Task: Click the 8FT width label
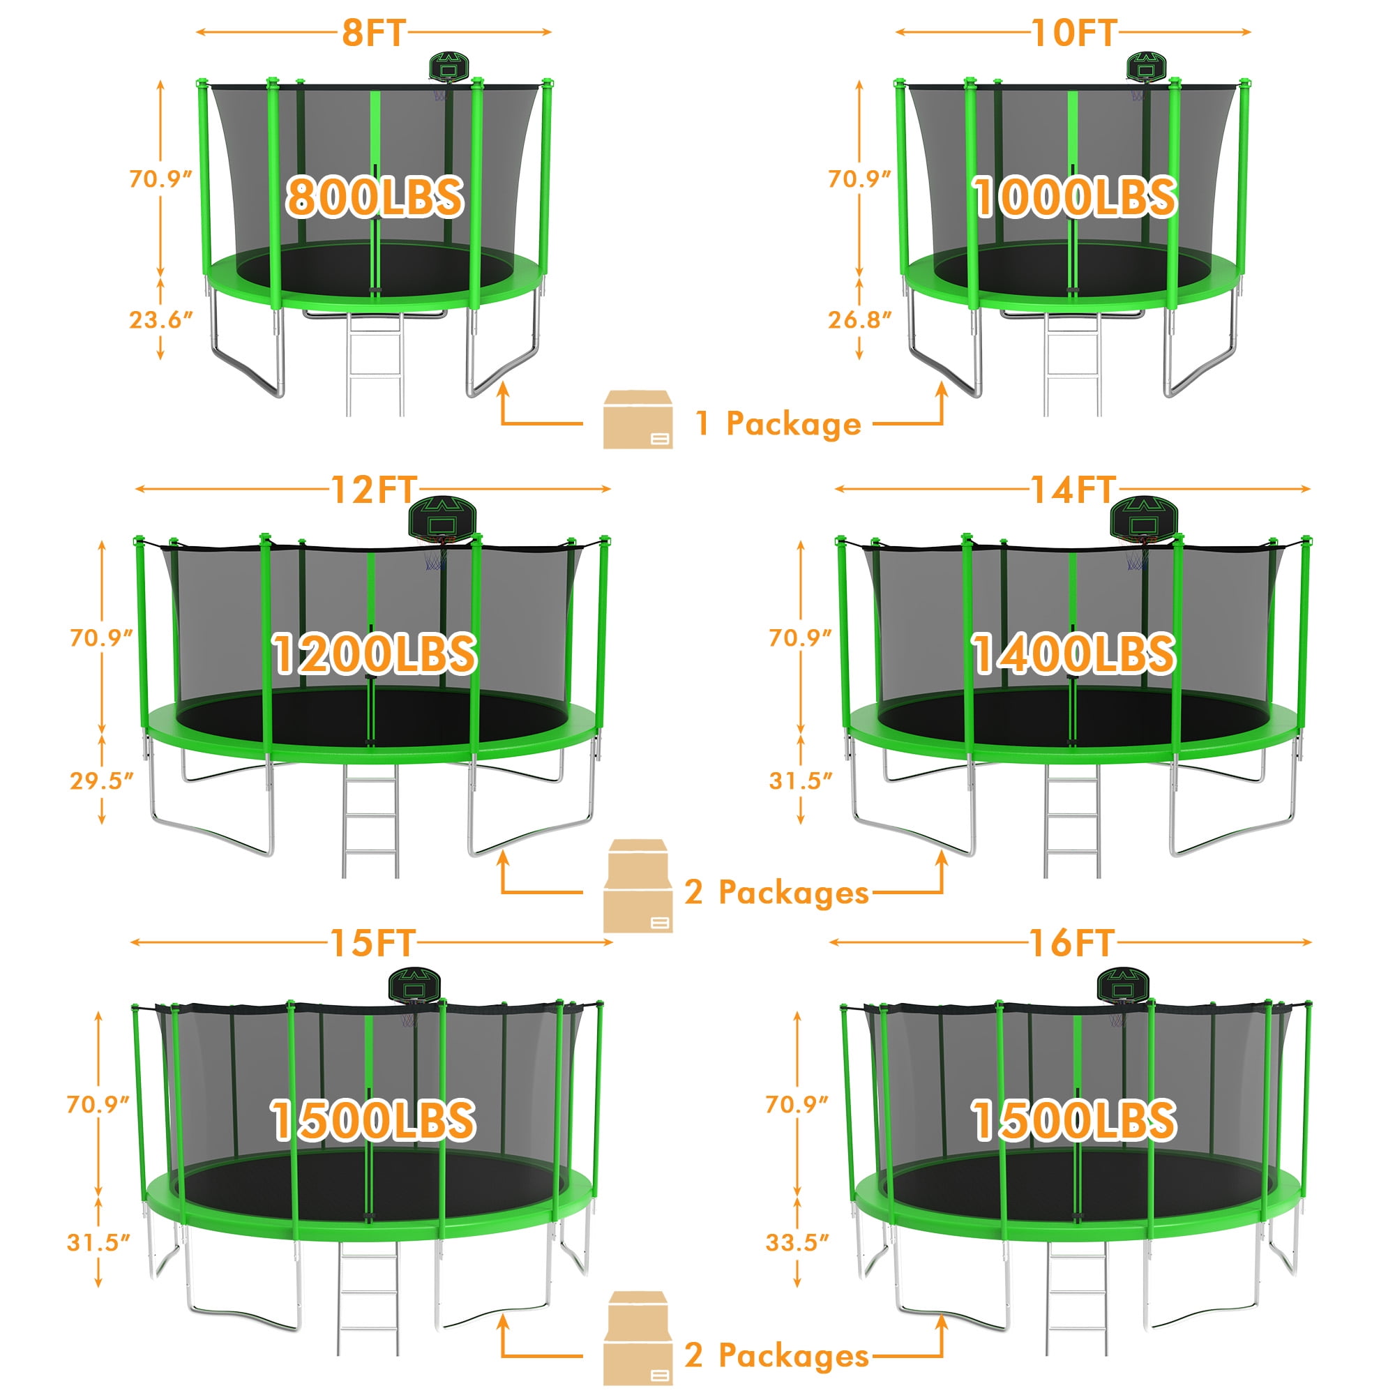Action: click(373, 33)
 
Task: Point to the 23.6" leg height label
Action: click(161, 319)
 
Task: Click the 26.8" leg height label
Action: click(859, 319)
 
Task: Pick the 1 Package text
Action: click(778, 423)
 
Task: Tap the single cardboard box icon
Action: click(638, 419)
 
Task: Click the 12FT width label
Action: click(373, 490)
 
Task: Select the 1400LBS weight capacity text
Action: click(1073, 654)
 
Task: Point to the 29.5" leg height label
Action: click(102, 781)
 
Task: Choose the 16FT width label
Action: click(1071, 942)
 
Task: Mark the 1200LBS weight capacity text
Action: click(374, 654)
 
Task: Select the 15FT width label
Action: click(372, 942)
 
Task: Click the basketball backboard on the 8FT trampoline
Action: click(449, 66)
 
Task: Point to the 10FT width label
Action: click(1073, 33)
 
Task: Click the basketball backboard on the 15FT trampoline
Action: click(414, 985)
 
